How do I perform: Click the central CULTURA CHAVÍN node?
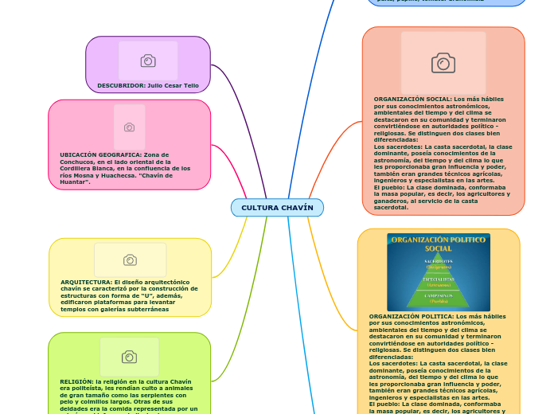277,208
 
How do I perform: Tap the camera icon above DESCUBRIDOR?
148,61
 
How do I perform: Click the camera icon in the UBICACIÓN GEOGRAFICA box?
129,127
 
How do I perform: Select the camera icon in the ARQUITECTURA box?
130,260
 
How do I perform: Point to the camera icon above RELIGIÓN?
129,357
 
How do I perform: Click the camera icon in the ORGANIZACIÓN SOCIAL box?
443,63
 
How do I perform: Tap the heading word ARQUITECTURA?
86,282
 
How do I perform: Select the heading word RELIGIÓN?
76,381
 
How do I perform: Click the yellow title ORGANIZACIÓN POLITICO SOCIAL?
439,244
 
